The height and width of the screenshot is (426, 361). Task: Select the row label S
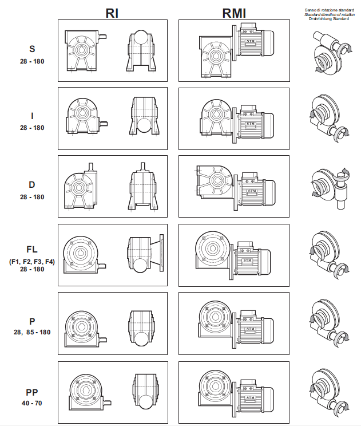(31, 49)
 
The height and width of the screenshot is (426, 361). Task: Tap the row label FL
(32, 250)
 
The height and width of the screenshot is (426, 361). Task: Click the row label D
(32, 185)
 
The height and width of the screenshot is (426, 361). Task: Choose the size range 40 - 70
(32, 403)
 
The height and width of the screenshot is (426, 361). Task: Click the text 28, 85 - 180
(32, 332)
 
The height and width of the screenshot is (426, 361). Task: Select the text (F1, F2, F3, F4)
(32, 261)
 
